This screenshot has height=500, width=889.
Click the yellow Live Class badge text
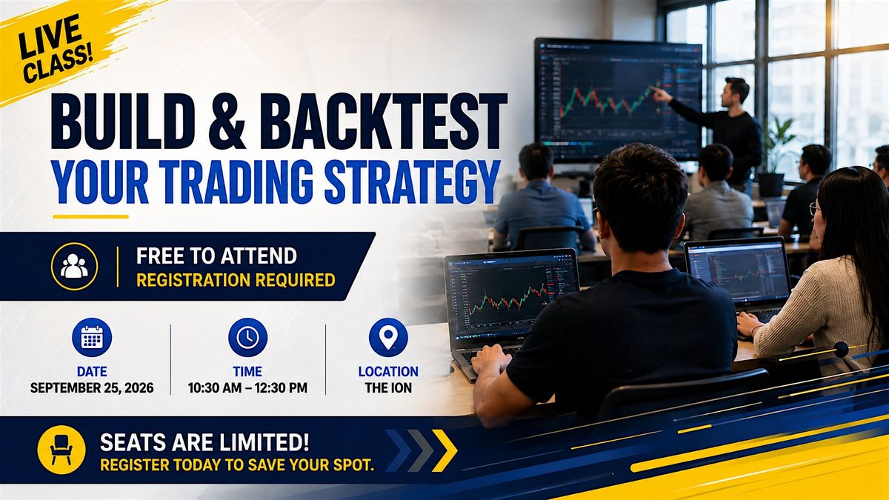point(55,49)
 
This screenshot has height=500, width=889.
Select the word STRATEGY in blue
point(413,181)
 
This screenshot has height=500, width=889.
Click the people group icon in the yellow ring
point(74,266)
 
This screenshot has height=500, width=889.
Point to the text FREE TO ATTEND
point(216,256)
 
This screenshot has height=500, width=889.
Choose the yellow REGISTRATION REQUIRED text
point(236,280)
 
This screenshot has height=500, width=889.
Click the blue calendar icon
point(92,337)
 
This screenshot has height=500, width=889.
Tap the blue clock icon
point(247,337)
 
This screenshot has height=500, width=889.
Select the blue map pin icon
point(388,337)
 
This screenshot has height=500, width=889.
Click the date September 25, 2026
point(92,387)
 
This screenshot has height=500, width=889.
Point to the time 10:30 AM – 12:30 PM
point(247,387)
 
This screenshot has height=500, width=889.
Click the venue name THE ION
point(388,387)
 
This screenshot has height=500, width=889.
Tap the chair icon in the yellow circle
point(61,450)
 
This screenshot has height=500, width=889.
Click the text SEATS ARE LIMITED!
point(204,442)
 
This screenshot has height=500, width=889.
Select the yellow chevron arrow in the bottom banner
point(444,451)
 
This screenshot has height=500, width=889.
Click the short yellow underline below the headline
point(90,216)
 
